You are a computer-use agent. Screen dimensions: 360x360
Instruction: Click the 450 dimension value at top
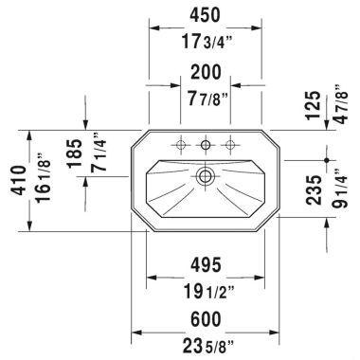coord(205,15)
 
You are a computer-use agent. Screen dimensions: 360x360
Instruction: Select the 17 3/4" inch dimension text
coord(206,41)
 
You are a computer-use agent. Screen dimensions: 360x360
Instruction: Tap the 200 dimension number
coord(205,72)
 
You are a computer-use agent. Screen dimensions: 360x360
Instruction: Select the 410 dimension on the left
coord(14,182)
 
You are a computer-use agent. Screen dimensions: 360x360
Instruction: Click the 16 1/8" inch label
coord(38,182)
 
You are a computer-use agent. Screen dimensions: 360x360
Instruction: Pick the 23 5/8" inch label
coord(205,345)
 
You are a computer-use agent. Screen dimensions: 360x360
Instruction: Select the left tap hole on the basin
coord(178,145)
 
